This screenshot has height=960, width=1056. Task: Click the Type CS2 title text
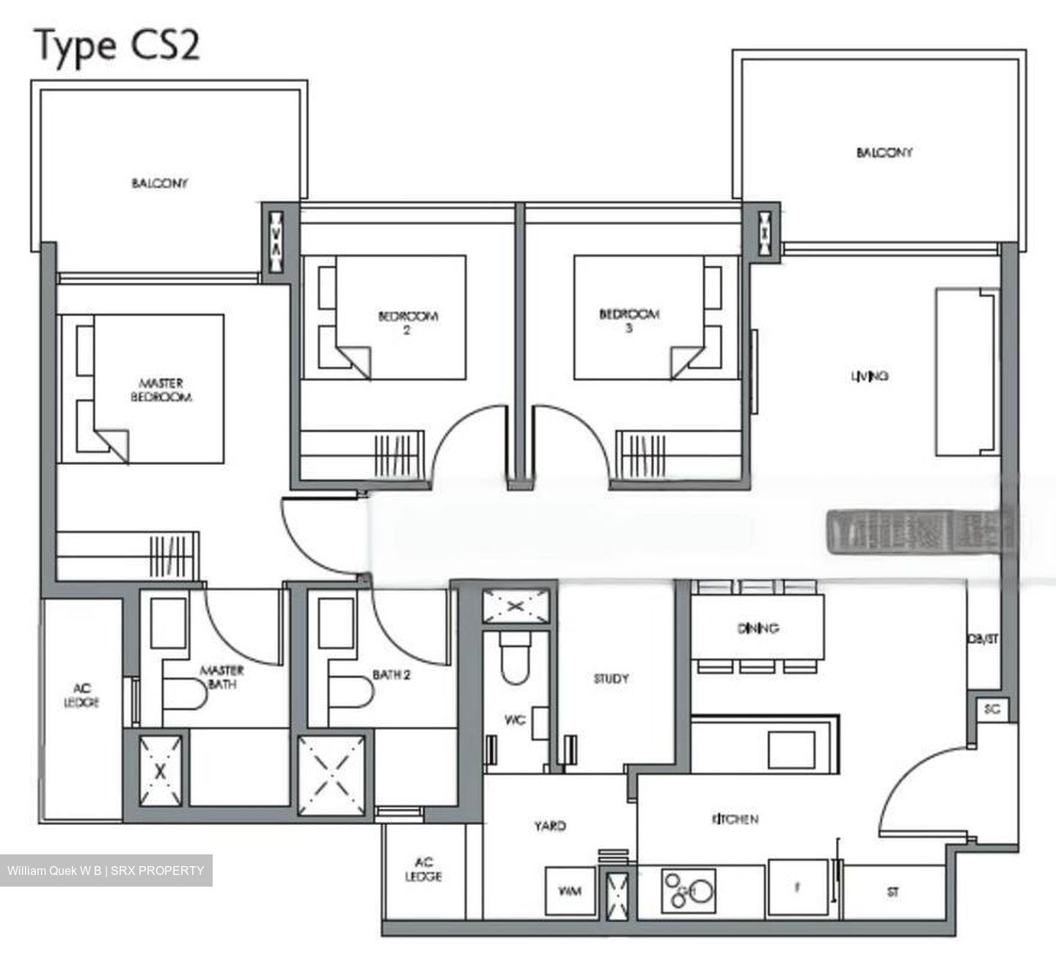[x=117, y=45]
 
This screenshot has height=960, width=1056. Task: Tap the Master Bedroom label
[x=161, y=390]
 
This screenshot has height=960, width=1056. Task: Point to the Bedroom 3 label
[x=629, y=321]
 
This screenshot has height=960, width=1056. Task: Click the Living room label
[x=870, y=376]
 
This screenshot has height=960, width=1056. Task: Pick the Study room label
[x=611, y=679]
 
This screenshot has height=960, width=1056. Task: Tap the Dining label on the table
[x=758, y=629]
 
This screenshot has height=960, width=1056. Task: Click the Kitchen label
[x=734, y=819]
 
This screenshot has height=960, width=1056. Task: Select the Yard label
[x=549, y=826]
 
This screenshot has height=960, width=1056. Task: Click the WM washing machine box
[x=570, y=891]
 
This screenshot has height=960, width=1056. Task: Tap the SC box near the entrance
[x=992, y=709]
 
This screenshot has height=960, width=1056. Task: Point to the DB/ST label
[x=983, y=639]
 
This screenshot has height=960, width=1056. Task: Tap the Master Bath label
[x=221, y=677]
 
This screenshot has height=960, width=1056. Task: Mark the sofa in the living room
[x=965, y=372]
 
